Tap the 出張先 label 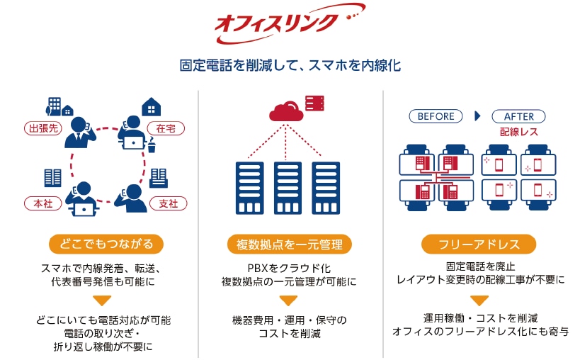[x=43, y=128]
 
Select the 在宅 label [x=166, y=128]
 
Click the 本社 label [x=43, y=203]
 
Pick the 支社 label [x=169, y=203]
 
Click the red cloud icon [x=286, y=111]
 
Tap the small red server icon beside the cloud [x=314, y=103]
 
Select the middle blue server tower [x=288, y=188]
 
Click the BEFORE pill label [x=436, y=116]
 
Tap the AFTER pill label [x=518, y=116]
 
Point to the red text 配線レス [x=518, y=132]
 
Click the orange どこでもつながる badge [x=106, y=244]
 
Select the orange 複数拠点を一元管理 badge [x=289, y=244]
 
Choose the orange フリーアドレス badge [x=479, y=244]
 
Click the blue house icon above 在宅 [x=152, y=106]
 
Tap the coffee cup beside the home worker [x=152, y=145]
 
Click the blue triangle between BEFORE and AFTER [x=477, y=116]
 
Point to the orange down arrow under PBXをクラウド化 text [x=288, y=300]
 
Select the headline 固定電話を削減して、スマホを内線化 [x=290, y=65]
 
